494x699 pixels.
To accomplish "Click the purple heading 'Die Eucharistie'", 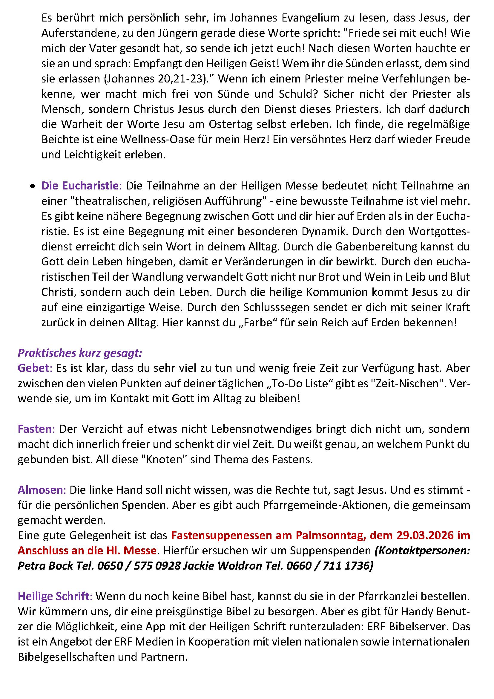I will point(81,186).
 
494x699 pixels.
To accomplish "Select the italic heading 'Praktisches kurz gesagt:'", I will point(80,353).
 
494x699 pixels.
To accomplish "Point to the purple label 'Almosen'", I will point(42,490).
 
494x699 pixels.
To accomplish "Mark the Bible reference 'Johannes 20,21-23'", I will point(154,79).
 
